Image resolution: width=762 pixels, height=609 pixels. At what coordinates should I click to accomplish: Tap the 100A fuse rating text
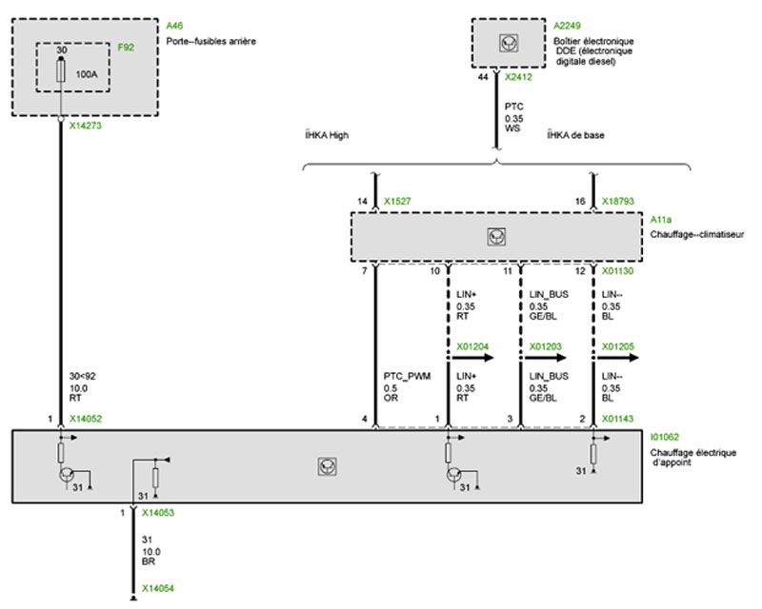[89, 71]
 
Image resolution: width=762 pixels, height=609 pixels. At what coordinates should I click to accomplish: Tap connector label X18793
[620, 202]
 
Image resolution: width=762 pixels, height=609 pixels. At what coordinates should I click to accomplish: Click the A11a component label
[661, 218]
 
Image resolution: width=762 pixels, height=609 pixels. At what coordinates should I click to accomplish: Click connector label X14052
[84, 419]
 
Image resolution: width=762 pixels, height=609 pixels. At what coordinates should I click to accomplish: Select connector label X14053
[156, 513]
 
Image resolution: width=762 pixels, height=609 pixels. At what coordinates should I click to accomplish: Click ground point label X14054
[157, 589]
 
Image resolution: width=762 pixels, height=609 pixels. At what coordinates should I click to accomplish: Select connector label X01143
[620, 419]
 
